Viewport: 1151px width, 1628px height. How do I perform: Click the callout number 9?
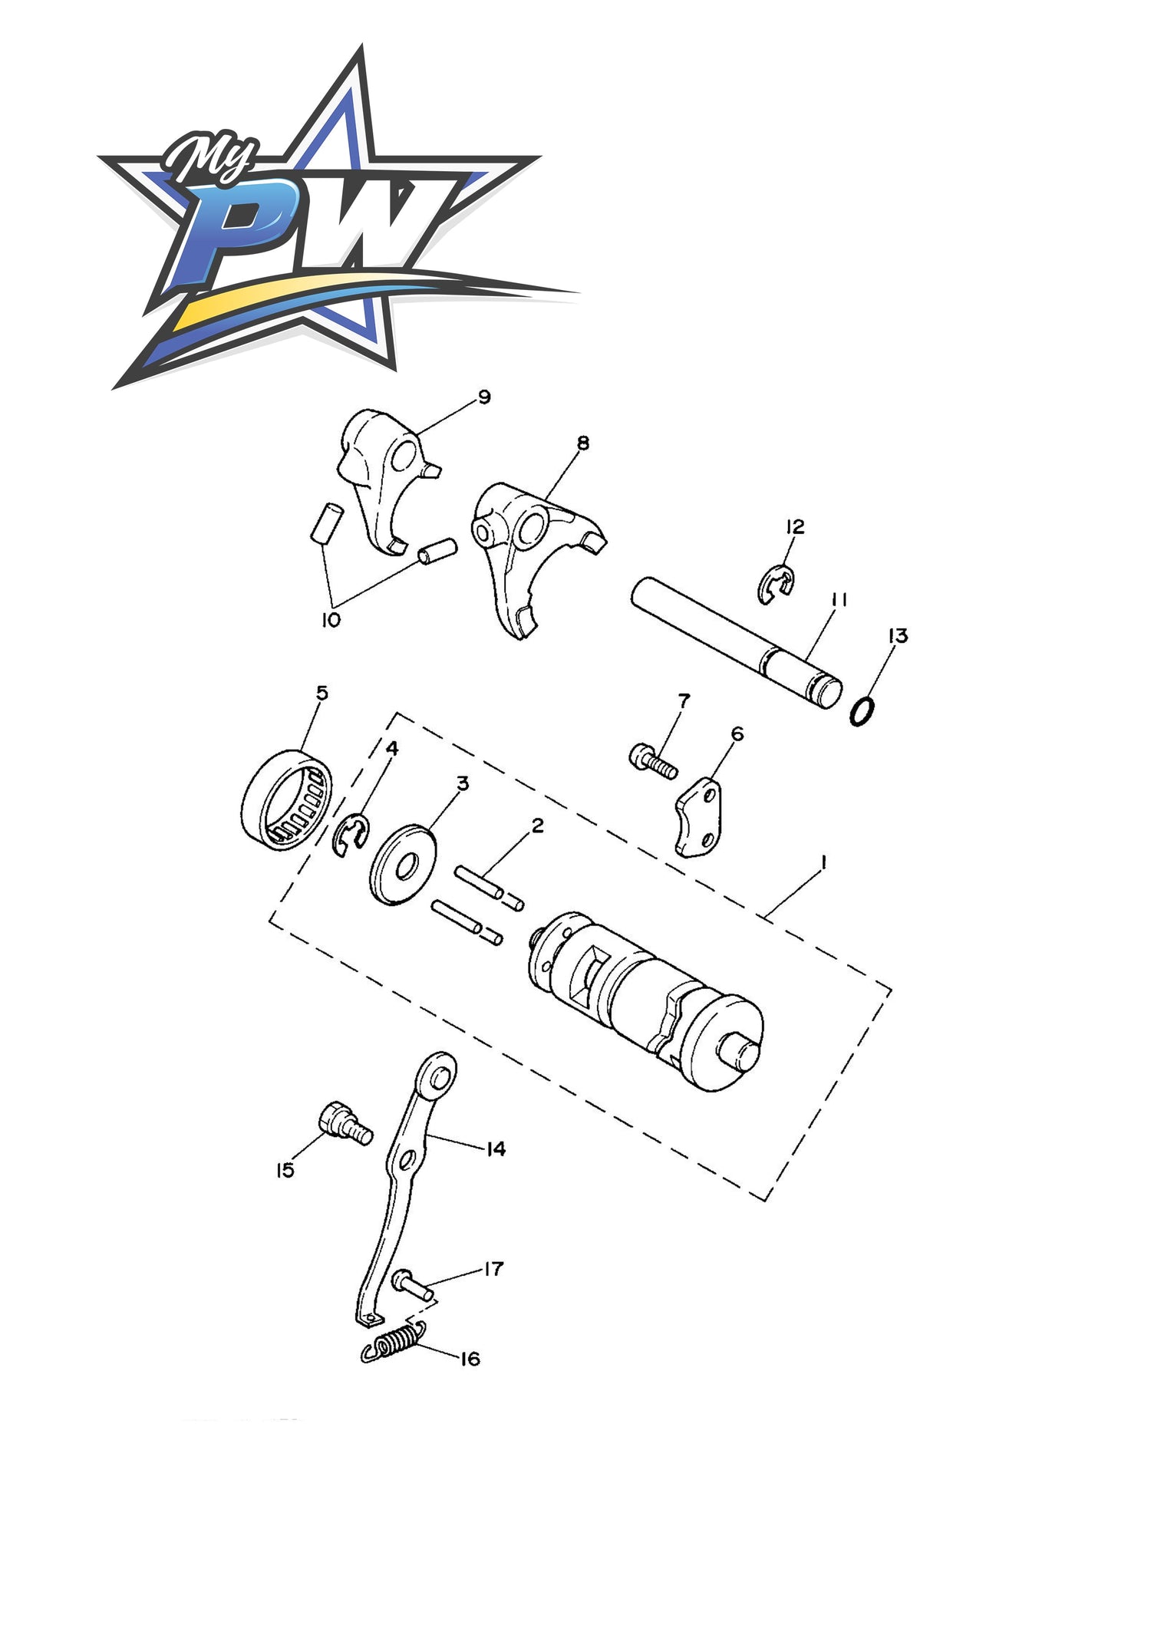484,397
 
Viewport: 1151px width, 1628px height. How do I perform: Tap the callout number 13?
898,635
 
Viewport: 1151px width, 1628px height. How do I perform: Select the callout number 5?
322,692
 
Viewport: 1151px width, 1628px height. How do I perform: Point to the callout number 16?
470,1359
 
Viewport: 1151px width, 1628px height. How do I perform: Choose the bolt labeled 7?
653,761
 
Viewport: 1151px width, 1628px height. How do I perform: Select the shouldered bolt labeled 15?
345,1124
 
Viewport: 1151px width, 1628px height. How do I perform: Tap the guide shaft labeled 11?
737,643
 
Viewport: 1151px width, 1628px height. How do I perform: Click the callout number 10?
331,619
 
